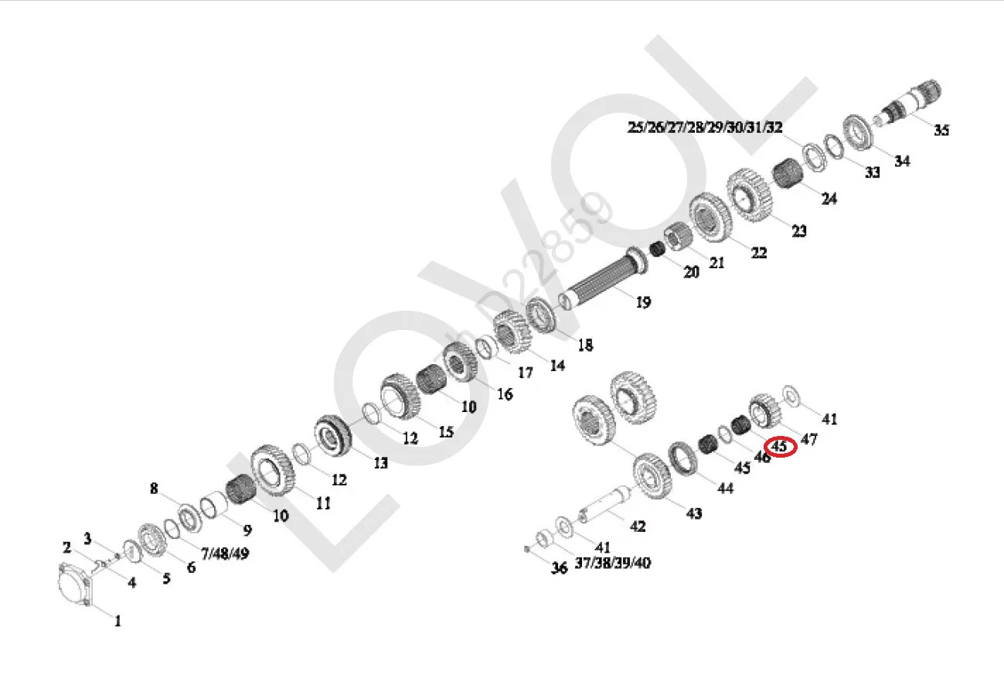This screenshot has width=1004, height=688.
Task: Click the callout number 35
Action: (x=941, y=130)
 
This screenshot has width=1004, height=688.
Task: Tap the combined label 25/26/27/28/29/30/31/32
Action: (x=705, y=128)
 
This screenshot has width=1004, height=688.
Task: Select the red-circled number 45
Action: (x=779, y=446)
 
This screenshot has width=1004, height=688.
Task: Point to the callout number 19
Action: (x=643, y=302)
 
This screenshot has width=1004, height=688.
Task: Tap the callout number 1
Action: (x=118, y=622)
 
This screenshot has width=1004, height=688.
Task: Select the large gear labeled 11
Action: (x=273, y=471)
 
